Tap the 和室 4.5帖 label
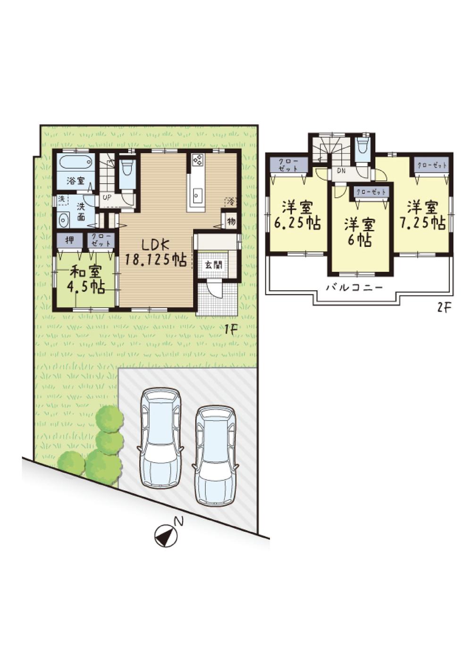coord(87,279)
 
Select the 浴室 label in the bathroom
coord(75,180)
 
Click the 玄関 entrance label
coord(211,264)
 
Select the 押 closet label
coord(69,240)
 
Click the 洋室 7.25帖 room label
coord(422,215)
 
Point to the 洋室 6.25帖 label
coord(297,215)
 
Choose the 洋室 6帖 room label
coord(360,232)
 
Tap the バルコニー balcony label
coord(354,287)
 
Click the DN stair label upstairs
coord(341,170)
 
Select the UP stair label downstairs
coord(107,197)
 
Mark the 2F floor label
coord(444,308)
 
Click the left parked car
coord(160,437)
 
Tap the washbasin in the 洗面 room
coord(64,220)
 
